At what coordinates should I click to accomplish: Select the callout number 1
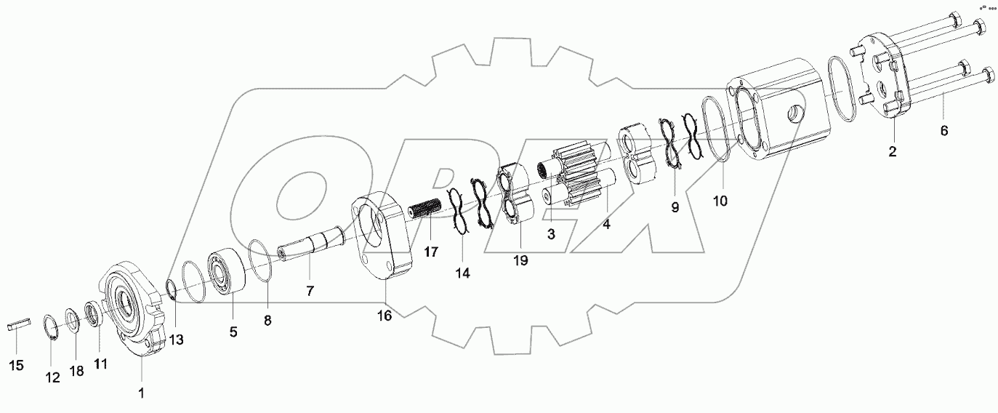click(x=142, y=393)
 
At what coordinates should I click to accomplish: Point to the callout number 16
click(x=385, y=315)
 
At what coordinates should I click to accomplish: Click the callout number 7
click(x=310, y=291)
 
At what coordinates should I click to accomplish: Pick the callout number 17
click(x=432, y=252)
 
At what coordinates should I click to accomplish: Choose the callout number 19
click(x=520, y=259)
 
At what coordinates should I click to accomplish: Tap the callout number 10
click(x=720, y=201)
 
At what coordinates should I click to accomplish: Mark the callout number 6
click(x=944, y=130)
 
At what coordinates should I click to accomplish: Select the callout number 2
click(x=893, y=152)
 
